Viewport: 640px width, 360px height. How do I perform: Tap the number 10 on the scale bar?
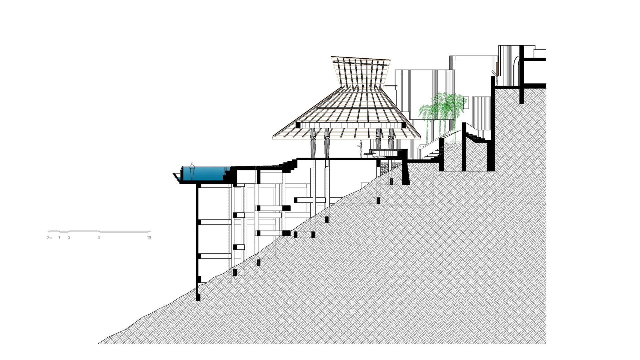[149, 237]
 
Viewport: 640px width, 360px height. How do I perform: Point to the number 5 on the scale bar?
[99, 237]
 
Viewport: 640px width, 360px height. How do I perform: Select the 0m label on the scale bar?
[49, 237]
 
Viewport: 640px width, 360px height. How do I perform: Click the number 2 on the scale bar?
[69, 237]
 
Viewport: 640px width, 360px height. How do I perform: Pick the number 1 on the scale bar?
[59, 237]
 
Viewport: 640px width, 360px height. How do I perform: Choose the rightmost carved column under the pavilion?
[391, 138]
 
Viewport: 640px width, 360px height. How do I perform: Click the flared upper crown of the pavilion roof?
[361, 72]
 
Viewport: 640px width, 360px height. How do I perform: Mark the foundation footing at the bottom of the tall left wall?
[198, 297]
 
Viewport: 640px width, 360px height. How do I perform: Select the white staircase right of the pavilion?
[432, 152]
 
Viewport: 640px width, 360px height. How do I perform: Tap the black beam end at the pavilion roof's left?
[298, 125]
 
